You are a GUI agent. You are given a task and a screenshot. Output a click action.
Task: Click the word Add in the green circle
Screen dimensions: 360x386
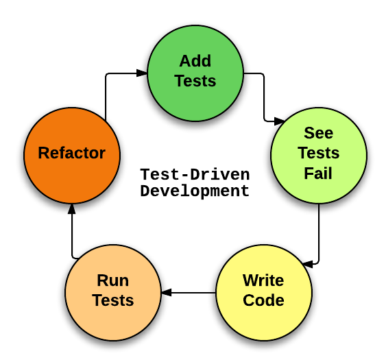pyautogui.click(x=195, y=61)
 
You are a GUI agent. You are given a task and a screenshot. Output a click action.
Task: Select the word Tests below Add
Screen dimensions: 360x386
pyautogui.click(x=195, y=81)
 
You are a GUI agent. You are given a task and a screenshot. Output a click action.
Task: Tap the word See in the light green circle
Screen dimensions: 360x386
pyautogui.click(x=318, y=133)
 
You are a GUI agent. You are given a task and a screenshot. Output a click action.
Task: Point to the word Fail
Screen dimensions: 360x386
pyautogui.click(x=318, y=173)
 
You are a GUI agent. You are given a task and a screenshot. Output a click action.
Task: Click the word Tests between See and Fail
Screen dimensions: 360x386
pyautogui.click(x=318, y=153)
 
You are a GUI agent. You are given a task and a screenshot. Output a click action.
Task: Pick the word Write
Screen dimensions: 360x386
pyautogui.click(x=263, y=280)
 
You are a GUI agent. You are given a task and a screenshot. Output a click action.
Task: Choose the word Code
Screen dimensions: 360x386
pyautogui.click(x=263, y=300)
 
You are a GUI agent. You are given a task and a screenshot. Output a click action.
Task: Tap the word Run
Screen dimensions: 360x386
pyautogui.click(x=113, y=280)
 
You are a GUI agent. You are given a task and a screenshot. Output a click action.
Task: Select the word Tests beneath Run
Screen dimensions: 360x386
pyautogui.click(x=113, y=300)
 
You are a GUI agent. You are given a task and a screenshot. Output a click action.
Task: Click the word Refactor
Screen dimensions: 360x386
pyautogui.click(x=72, y=153)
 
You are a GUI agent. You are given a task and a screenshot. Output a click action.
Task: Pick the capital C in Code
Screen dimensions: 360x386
pyautogui.click(x=249, y=300)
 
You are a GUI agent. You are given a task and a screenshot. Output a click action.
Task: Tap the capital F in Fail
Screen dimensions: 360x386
pyautogui.click(x=309, y=173)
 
